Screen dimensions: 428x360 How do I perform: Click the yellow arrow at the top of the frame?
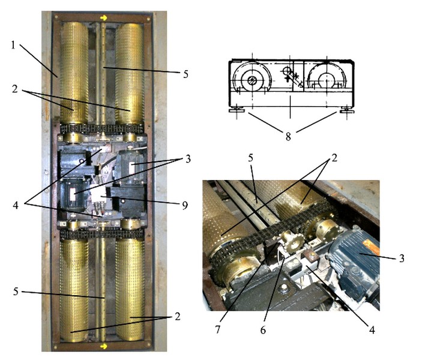pos(103,18)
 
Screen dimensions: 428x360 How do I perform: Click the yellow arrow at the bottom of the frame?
pos(103,346)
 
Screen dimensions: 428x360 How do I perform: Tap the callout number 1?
pos(13,45)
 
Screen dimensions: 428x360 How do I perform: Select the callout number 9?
pos(185,205)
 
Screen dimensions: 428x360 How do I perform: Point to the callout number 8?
pos(288,136)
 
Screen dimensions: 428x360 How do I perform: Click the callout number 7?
pos(217,330)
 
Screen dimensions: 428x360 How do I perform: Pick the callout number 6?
pos(263,330)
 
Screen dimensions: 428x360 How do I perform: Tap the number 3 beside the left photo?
pos(188,159)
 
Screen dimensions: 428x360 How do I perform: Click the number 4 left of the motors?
pos(16,205)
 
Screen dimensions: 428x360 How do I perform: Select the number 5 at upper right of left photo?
pos(185,74)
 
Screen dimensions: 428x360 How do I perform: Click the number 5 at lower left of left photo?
pos(16,292)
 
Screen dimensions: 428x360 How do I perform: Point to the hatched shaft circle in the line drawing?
pos(252,80)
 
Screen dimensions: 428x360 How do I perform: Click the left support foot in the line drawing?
pos(237,110)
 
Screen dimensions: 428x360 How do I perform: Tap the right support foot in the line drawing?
pos(347,110)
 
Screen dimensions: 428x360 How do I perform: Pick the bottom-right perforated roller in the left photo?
pos(130,289)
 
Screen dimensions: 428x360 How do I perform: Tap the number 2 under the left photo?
pos(178,317)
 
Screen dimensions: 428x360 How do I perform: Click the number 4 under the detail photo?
pos(372,330)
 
